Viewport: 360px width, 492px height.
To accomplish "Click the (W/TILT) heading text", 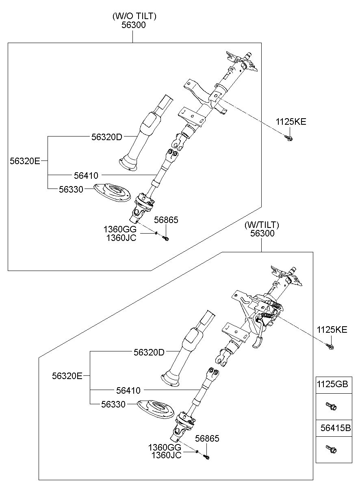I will point(262,225).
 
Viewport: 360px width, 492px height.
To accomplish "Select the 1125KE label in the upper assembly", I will point(291,121).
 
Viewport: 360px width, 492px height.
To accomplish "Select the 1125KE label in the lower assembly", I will point(332,329).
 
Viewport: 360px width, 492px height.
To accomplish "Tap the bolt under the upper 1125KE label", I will point(289,139).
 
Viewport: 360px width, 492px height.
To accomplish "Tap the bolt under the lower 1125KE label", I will point(330,347).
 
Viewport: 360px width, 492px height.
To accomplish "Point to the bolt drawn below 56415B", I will point(331,449).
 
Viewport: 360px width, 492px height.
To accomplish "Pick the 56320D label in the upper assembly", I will point(106,137).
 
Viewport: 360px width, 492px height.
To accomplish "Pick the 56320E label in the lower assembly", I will point(67,376).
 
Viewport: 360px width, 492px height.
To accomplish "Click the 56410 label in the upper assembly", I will point(86,176).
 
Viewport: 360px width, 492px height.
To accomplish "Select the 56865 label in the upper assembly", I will point(166,220).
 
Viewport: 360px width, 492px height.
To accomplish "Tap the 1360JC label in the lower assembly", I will point(166,455).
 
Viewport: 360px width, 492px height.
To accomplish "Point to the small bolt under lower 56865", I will point(206,457).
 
